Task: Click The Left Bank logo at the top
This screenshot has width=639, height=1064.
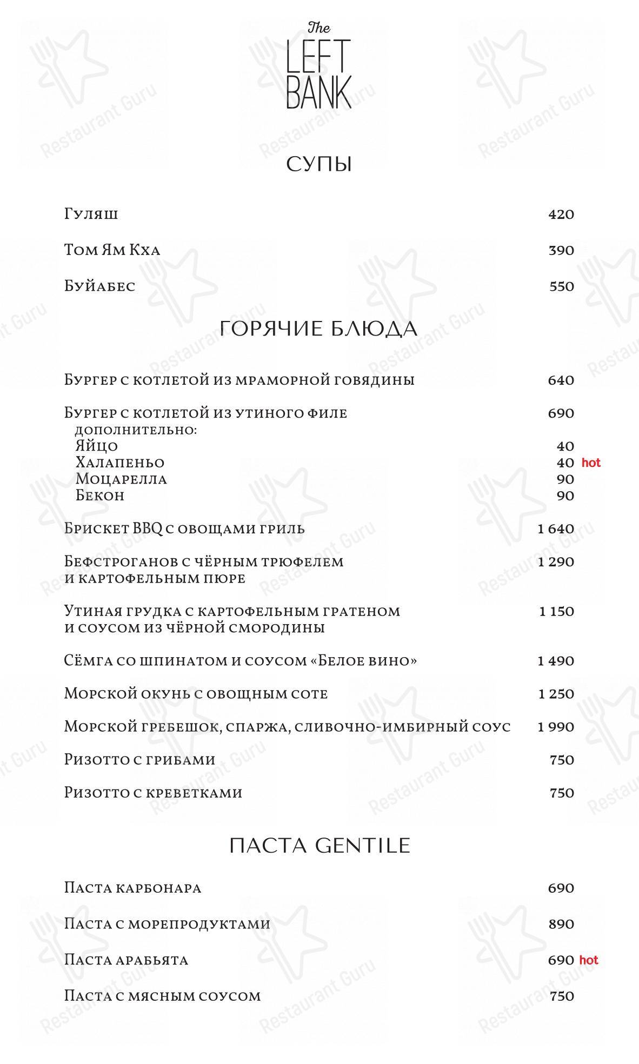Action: click(319, 65)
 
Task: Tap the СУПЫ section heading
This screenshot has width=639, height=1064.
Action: click(319, 164)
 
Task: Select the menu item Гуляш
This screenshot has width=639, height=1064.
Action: click(91, 215)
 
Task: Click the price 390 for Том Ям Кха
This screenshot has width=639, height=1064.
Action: click(561, 251)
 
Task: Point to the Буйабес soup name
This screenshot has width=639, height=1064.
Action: click(99, 286)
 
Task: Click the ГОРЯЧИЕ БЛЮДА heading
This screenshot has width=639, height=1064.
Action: click(319, 329)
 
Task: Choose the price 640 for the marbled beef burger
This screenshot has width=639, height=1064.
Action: click(561, 380)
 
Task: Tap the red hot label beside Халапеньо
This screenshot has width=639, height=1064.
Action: click(591, 463)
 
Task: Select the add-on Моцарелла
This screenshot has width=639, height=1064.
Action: click(121, 479)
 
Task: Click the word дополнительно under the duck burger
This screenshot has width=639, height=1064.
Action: click(135, 430)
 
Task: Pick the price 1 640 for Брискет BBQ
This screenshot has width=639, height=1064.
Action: click(556, 529)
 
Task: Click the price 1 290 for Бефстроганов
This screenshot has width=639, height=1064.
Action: click(556, 562)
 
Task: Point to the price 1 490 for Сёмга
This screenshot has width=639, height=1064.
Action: click(556, 661)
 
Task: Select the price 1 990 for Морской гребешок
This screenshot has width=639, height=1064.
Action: click(556, 727)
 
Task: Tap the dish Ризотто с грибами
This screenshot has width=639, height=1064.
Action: click(139, 760)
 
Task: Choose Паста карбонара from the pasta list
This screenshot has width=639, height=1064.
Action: click(132, 888)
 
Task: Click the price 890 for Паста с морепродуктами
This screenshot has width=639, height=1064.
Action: click(561, 924)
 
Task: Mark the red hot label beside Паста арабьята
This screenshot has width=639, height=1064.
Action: click(589, 960)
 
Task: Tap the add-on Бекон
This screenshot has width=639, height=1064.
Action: click(100, 496)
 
